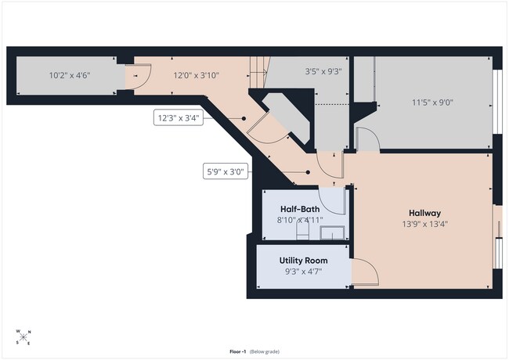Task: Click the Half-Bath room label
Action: tap(300, 209)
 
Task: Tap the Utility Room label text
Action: tap(304, 261)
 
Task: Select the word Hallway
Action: tap(424, 213)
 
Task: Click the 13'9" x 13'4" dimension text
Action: tap(425, 224)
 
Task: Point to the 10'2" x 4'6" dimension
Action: tap(70, 76)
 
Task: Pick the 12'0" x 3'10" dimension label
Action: tap(196, 76)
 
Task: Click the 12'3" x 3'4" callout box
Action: tap(179, 117)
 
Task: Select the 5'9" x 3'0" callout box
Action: tap(226, 171)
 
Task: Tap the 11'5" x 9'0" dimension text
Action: tap(432, 103)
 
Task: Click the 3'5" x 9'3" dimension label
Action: tap(323, 71)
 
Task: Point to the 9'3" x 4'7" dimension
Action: tap(304, 272)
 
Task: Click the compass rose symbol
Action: tap(23, 337)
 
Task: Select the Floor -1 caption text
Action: tap(237, 351)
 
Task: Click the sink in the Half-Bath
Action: tap(332, 233)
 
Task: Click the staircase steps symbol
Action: tap(259, 72)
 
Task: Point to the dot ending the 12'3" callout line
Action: tap(244, 119)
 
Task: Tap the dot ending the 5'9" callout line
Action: tap(308, 172)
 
